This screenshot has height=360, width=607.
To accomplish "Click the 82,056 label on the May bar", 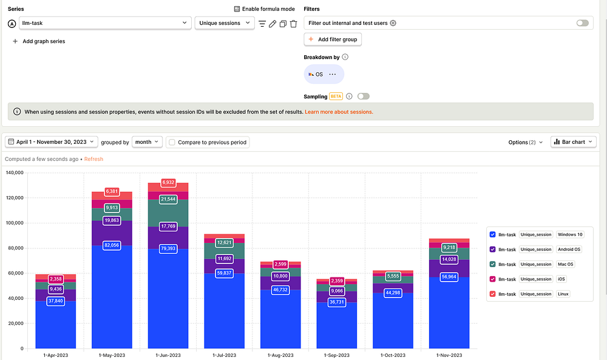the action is [x=112, y=245].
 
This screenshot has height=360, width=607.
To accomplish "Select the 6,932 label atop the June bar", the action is [x=168, y=182].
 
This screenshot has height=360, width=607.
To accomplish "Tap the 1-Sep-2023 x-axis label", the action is [x=336, y=355].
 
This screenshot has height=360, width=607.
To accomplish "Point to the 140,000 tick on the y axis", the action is [x=15, y=172].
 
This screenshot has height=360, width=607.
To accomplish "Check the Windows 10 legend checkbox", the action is [x=492, y=234].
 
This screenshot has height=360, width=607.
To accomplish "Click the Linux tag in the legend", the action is [x=563, y=294].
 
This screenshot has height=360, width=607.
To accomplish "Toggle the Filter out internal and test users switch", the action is [x=582, y=23].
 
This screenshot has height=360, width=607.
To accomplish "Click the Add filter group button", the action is [x=333, y=39].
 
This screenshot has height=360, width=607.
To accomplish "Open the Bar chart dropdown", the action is [x=573, y=142].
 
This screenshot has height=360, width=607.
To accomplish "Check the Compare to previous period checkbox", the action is [x=172, y=143].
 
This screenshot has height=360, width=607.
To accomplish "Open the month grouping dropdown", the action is [x=147, y=142].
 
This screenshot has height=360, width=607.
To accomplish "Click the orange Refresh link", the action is [x=93, y=159].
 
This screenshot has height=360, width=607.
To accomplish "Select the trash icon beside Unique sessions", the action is [x=293, y=24].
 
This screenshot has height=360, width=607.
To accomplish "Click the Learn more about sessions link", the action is [x=339, y=112].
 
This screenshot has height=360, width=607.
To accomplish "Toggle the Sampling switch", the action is [x=363, y=97].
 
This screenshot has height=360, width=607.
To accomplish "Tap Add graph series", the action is [x=39, y=41].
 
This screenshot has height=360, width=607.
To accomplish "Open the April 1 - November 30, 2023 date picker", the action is [x=51, y=142].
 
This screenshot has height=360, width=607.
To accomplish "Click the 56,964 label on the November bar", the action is [x=449, y=277].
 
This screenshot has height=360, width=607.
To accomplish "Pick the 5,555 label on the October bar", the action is [x=393, y=276].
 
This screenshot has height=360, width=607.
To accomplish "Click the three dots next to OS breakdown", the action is [x=332, y=74].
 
